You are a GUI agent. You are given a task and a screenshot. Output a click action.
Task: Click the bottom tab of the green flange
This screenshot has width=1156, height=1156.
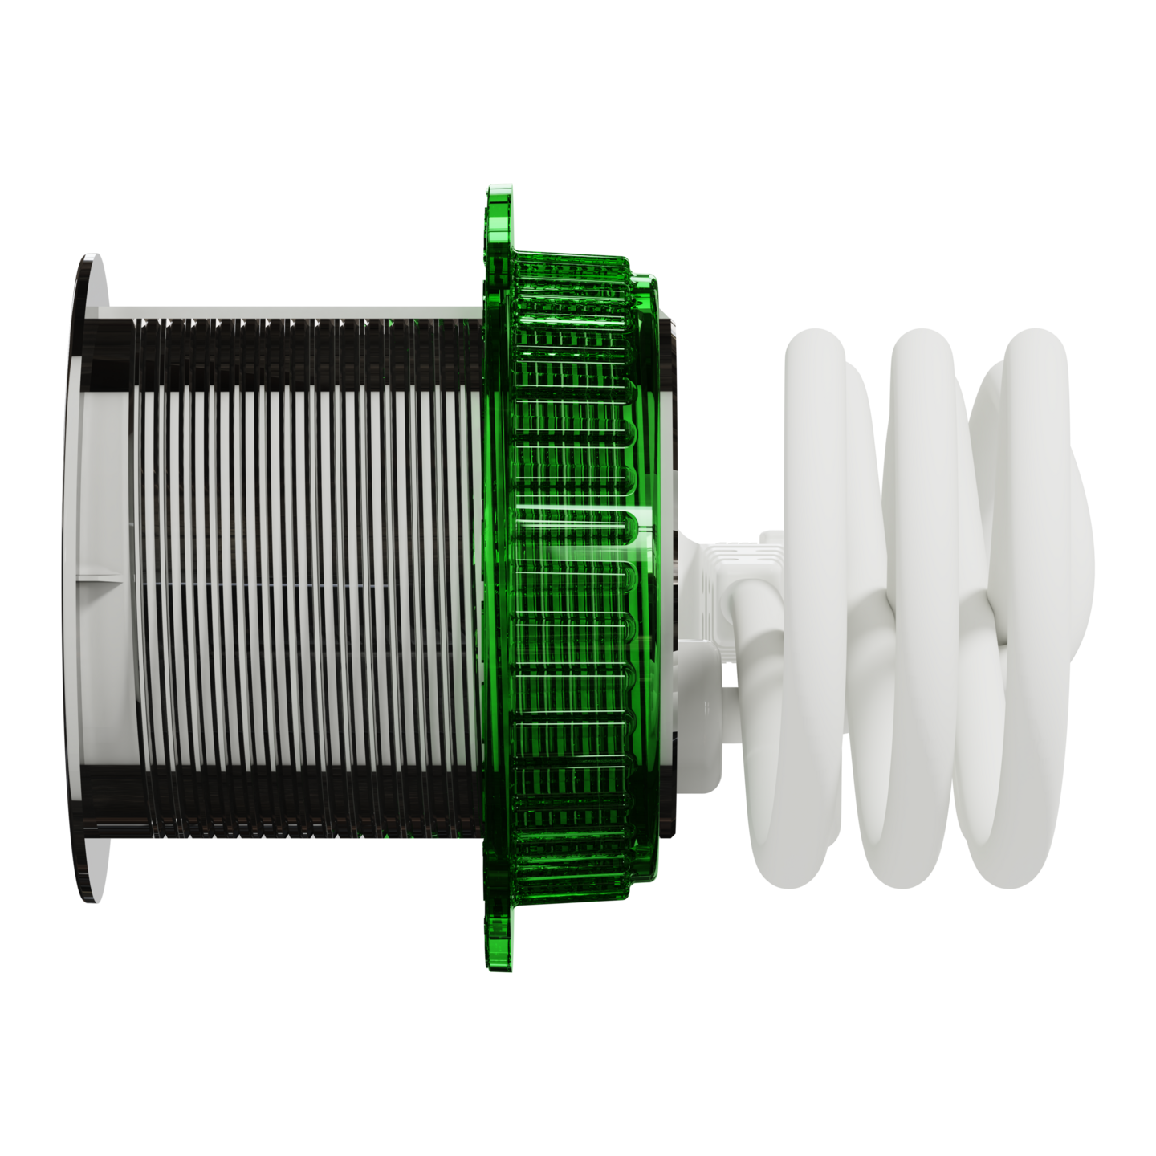(499, 939)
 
